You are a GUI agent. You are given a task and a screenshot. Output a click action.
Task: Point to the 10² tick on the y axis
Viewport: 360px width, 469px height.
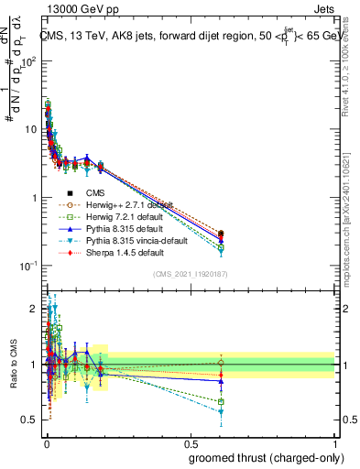coord(27,61)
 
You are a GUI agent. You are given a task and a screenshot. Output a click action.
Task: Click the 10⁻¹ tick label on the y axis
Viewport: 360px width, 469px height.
coord(27,266)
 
